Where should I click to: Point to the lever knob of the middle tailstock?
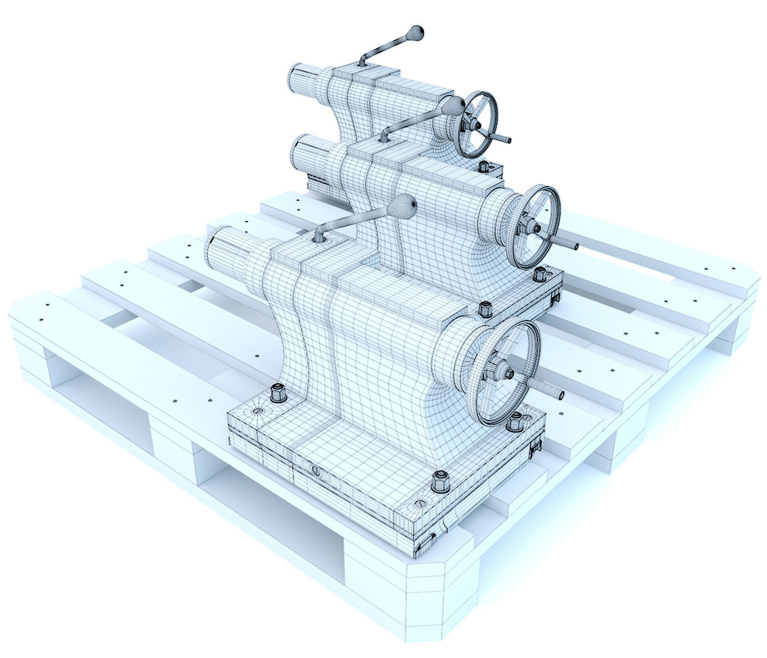coord(455,105)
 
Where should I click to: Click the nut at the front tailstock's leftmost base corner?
coord(277,393)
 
